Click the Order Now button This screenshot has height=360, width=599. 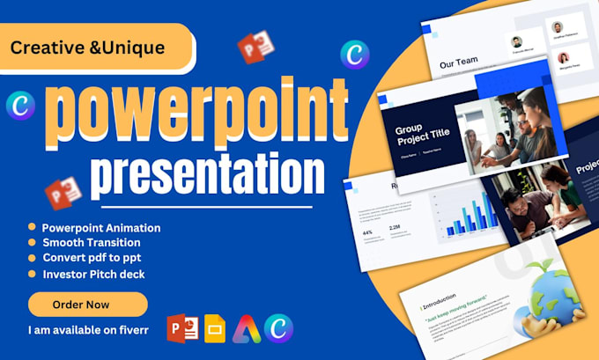pyautogui.click(x=87, y=304)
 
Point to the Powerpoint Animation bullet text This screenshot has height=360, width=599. pyautogui.click(x=101, y=227)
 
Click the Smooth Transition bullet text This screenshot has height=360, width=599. pyautogui.click(x=91, y=242)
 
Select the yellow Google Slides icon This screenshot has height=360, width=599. pyautogui.click(x=215, y=328)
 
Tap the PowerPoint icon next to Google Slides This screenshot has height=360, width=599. pyautogui.click(x=183, y=328)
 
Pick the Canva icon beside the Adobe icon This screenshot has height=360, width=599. pyautogui.click(x=279, y=328)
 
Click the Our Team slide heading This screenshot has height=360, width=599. pyautogui.click(x=459, y=62)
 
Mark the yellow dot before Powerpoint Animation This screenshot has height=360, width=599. pyautogui.click(x=33, y=227)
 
